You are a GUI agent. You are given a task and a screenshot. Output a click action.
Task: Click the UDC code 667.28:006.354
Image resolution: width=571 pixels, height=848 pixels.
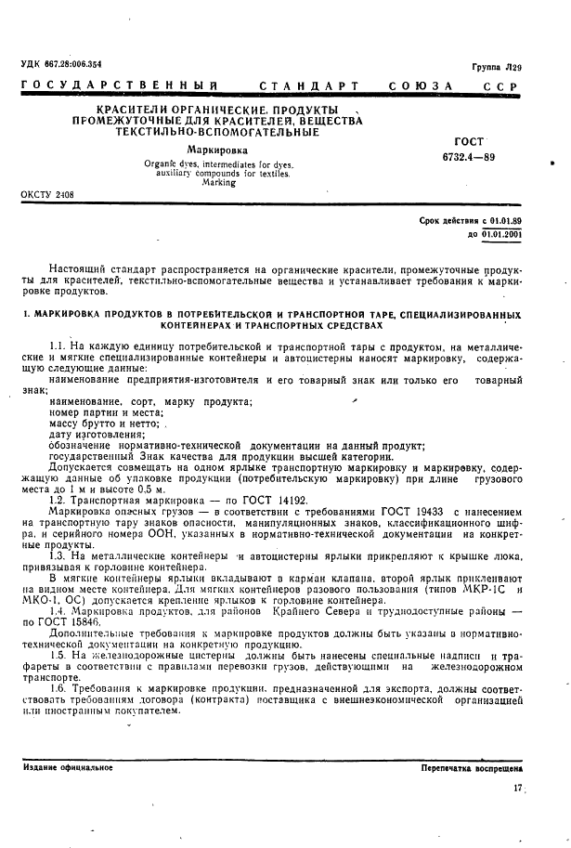(61, 64)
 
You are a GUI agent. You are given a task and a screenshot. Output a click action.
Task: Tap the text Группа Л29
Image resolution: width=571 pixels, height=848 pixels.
(497, 68)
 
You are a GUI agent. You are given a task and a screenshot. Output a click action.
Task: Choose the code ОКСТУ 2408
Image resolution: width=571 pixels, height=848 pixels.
(47, 195)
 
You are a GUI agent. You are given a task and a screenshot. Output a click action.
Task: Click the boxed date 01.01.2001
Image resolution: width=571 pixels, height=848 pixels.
(501, 235)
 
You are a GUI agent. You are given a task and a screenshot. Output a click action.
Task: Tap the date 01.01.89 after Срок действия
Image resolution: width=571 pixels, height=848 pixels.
(502, 221)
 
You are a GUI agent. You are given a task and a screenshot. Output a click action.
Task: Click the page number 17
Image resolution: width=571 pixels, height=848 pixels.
(516, 789)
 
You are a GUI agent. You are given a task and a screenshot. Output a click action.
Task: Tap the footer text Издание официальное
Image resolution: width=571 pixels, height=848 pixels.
(62, 769)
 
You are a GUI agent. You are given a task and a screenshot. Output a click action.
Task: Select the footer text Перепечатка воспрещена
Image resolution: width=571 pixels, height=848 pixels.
(471, 769)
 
